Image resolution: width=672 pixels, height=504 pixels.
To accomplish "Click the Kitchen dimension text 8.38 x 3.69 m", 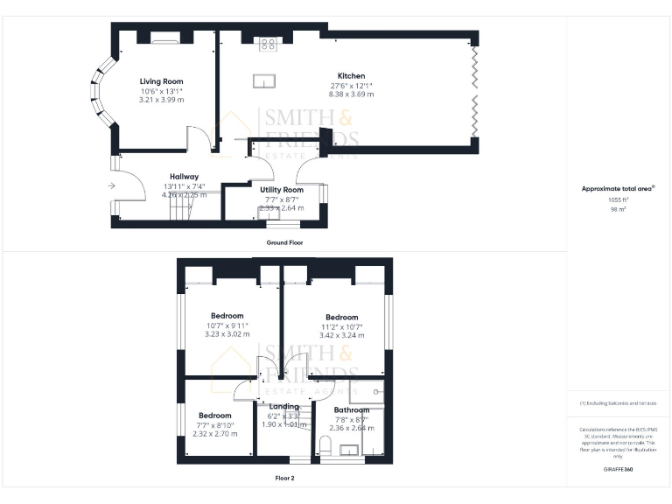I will click(x=351, y=94).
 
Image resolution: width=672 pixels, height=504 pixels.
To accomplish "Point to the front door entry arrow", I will click(x=111, y=185).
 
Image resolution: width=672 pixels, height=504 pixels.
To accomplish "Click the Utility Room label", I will click(x=282, y=189).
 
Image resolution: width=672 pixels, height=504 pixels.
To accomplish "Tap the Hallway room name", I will click(x=184, y=176).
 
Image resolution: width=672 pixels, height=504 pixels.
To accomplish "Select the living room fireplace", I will click(x=164, y=37).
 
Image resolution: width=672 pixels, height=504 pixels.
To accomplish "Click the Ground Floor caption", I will click(x=284, y=242).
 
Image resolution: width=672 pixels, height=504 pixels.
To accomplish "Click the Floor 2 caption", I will click(x=284, y=479).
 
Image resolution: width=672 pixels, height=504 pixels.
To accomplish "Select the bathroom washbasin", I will click(x=351, y=451).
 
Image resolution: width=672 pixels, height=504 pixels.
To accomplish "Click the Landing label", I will click(x=284, y=407).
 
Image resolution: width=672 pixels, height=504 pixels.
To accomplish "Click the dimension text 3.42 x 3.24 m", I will click(x=341, y=335).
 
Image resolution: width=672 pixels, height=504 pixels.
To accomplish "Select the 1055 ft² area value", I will click(x=619, y=200).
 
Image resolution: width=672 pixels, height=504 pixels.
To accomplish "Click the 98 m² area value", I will click(x=619, y=210).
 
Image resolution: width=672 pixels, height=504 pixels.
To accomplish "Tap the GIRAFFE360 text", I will click(x=619, y=470).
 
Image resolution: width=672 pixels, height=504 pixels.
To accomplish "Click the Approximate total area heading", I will click(x=618, y=188).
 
